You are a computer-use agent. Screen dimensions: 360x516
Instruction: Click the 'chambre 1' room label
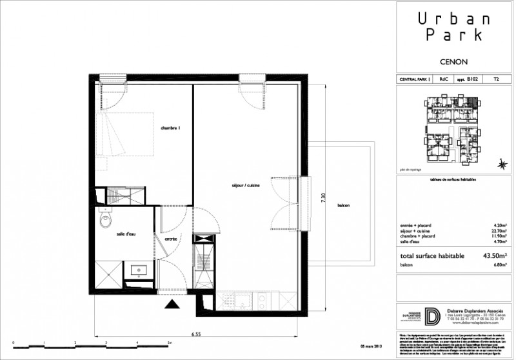(x=171, y=129)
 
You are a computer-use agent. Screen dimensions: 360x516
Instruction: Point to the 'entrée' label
(x=171, y=239)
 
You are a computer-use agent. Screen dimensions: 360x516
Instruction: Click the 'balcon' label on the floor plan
(x=344, y=205)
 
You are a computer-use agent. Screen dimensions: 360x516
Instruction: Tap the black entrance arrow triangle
(x=172, y=305)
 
